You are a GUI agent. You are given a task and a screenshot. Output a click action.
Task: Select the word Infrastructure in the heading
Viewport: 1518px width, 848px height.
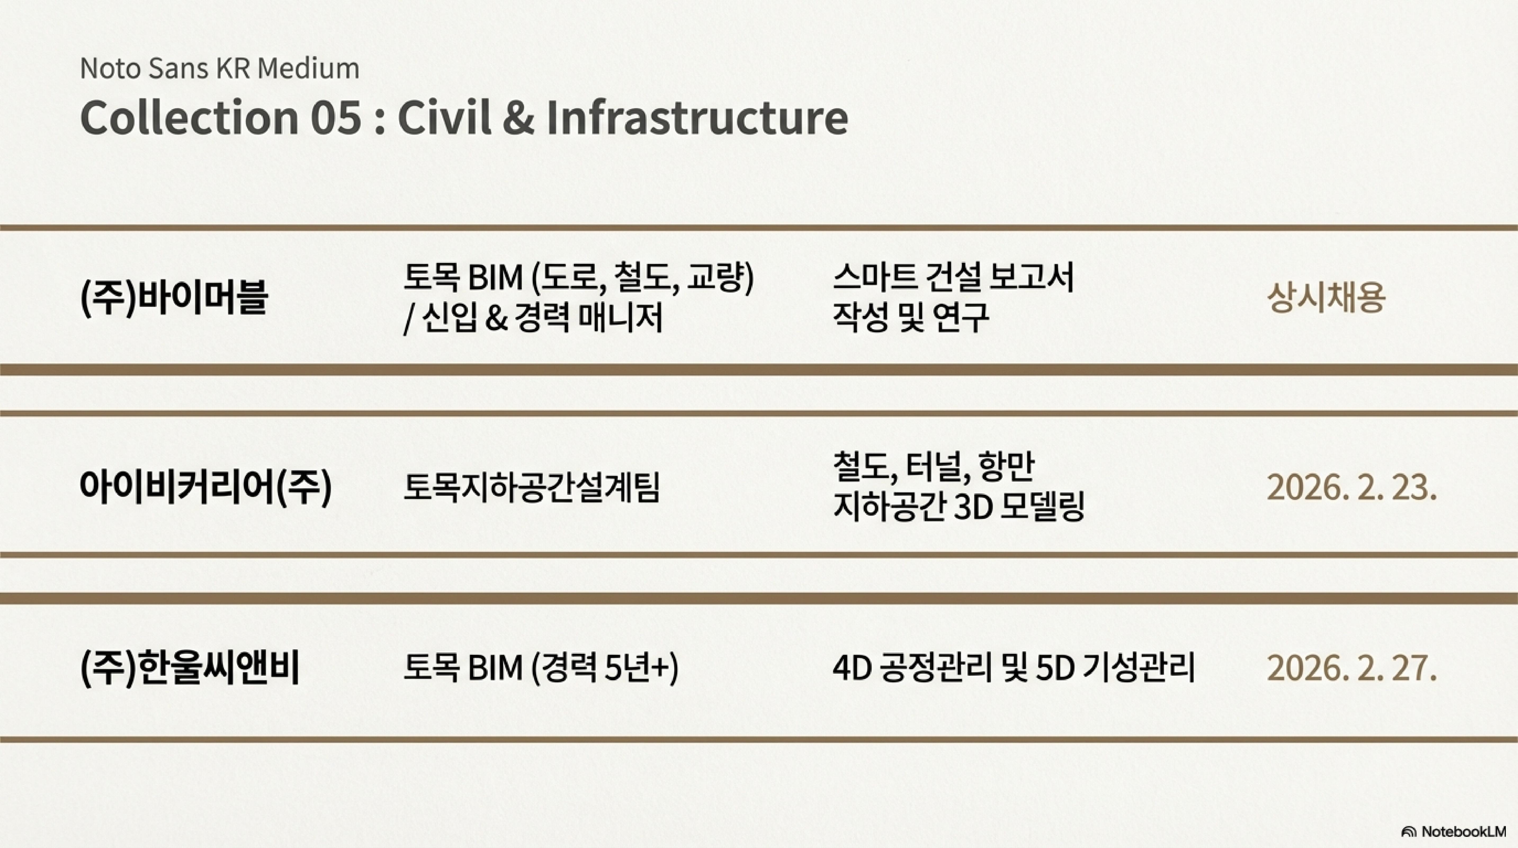click(x=697, y=117)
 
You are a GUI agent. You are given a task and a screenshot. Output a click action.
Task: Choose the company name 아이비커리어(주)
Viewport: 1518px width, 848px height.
click(x=206, y=487)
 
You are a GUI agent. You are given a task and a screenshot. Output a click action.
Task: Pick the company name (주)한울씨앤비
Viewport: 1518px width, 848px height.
click(x=190, y=668)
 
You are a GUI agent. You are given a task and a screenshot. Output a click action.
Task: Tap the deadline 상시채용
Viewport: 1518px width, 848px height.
click(x=1326, y=297)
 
